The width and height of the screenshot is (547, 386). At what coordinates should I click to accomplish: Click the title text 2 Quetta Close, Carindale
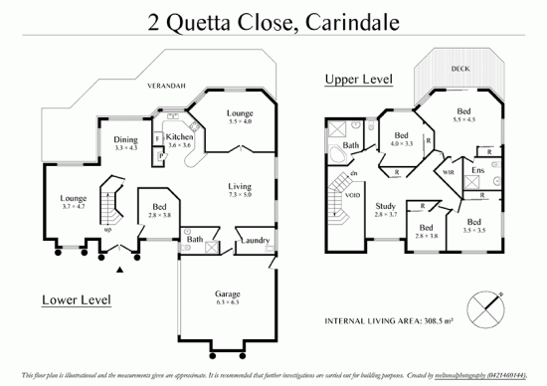click(x=273, y=19)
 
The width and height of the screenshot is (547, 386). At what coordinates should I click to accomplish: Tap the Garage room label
click(x=229, y=295)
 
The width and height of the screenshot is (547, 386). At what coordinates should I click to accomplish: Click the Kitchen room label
click(x=179, y=136)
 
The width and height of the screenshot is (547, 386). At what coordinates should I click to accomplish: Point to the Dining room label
click(x=126, y=140)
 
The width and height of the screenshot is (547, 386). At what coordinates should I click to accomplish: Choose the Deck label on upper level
click(x=460, y=69)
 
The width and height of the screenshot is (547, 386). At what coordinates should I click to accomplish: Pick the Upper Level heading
click(x=359, y=79)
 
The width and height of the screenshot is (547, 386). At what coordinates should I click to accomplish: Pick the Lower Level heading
click(x=76, y=298)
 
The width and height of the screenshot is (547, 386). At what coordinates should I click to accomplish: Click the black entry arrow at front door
click(x=120, y=269)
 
